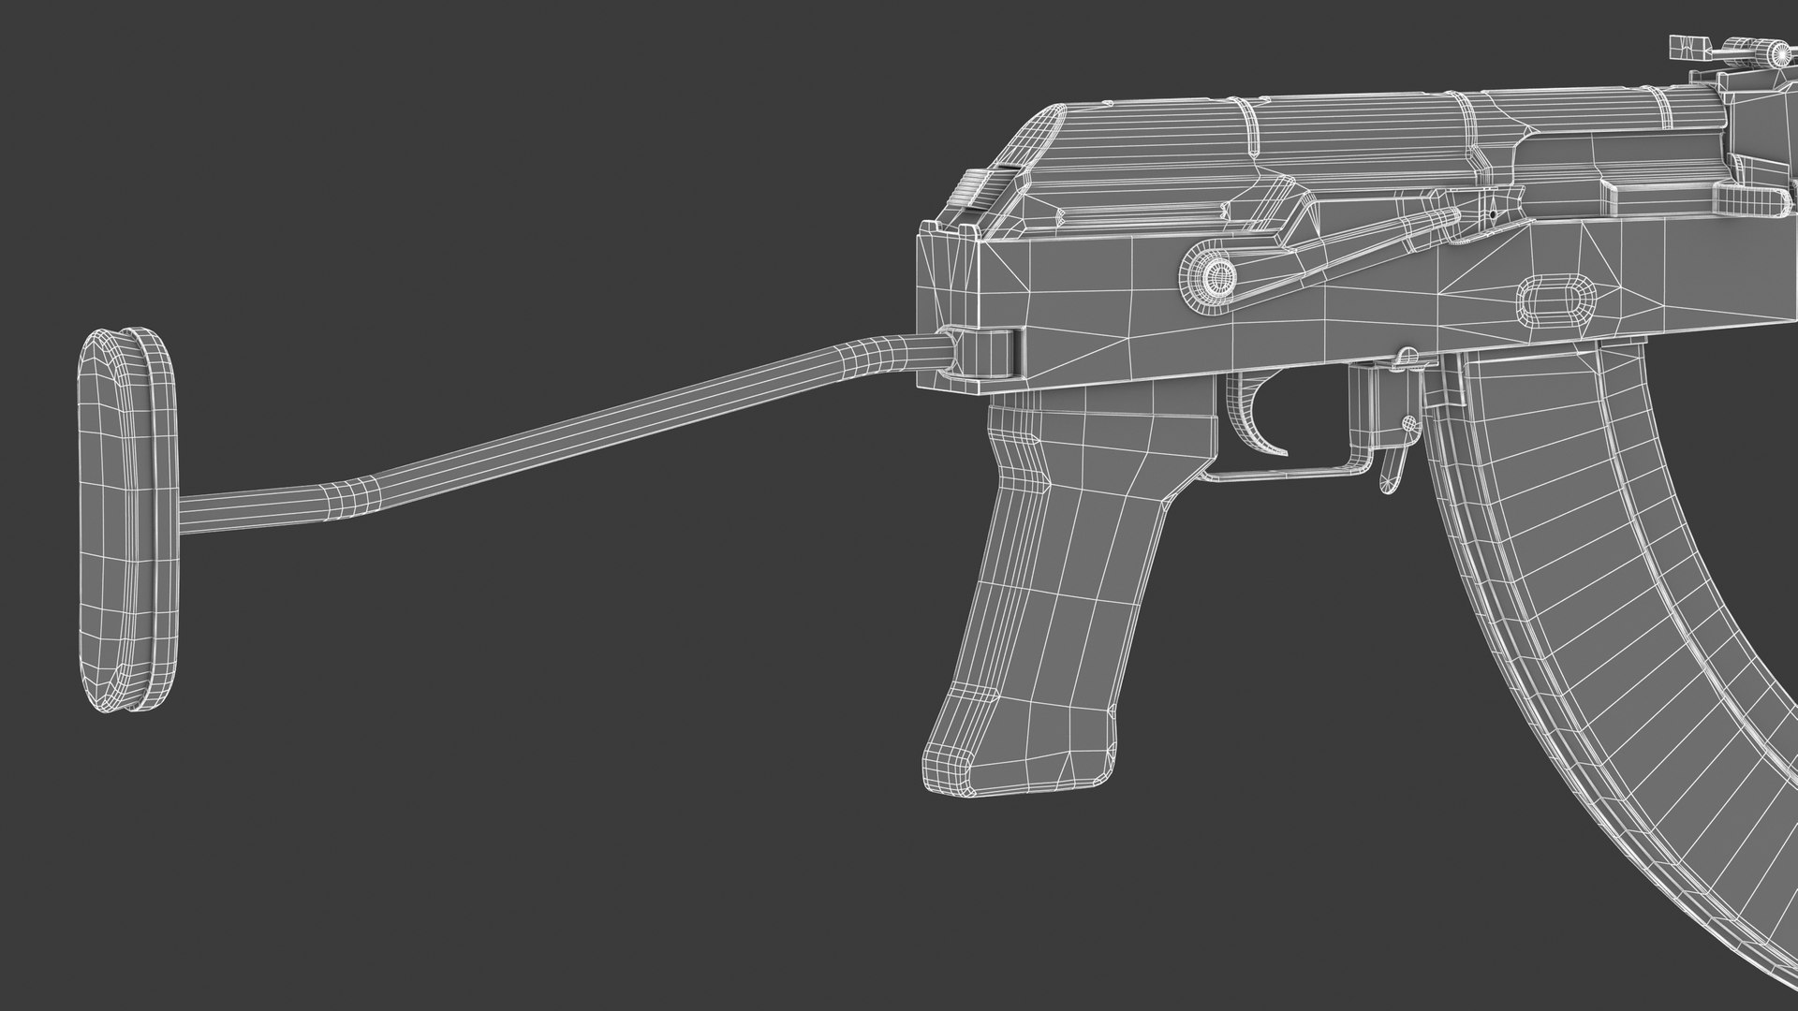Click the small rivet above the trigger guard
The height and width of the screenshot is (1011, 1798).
[1406, 356]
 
